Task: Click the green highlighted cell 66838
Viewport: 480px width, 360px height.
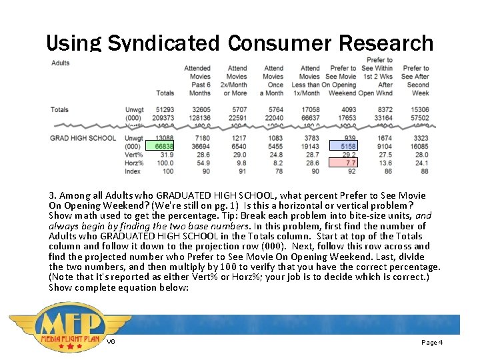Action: [x=164, y=146]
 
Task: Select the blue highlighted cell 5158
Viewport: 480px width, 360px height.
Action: [x=347, y=146]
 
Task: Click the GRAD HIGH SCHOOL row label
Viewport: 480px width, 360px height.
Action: [x=83, y=138]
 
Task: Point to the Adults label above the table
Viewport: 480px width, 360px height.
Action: [x=60, y=63]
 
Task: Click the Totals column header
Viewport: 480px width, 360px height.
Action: [x=165, y=93]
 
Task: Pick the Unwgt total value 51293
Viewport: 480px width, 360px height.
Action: [x=165, y=110]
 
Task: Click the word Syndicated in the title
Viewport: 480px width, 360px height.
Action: [x=163, y=44]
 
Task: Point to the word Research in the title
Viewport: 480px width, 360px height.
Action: [x=387, y=44]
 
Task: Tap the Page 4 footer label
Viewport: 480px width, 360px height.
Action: [x=432, y=342]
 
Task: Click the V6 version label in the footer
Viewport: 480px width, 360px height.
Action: [x=111, y=342]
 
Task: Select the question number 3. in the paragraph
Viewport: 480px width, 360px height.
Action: [x=53, y=196]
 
